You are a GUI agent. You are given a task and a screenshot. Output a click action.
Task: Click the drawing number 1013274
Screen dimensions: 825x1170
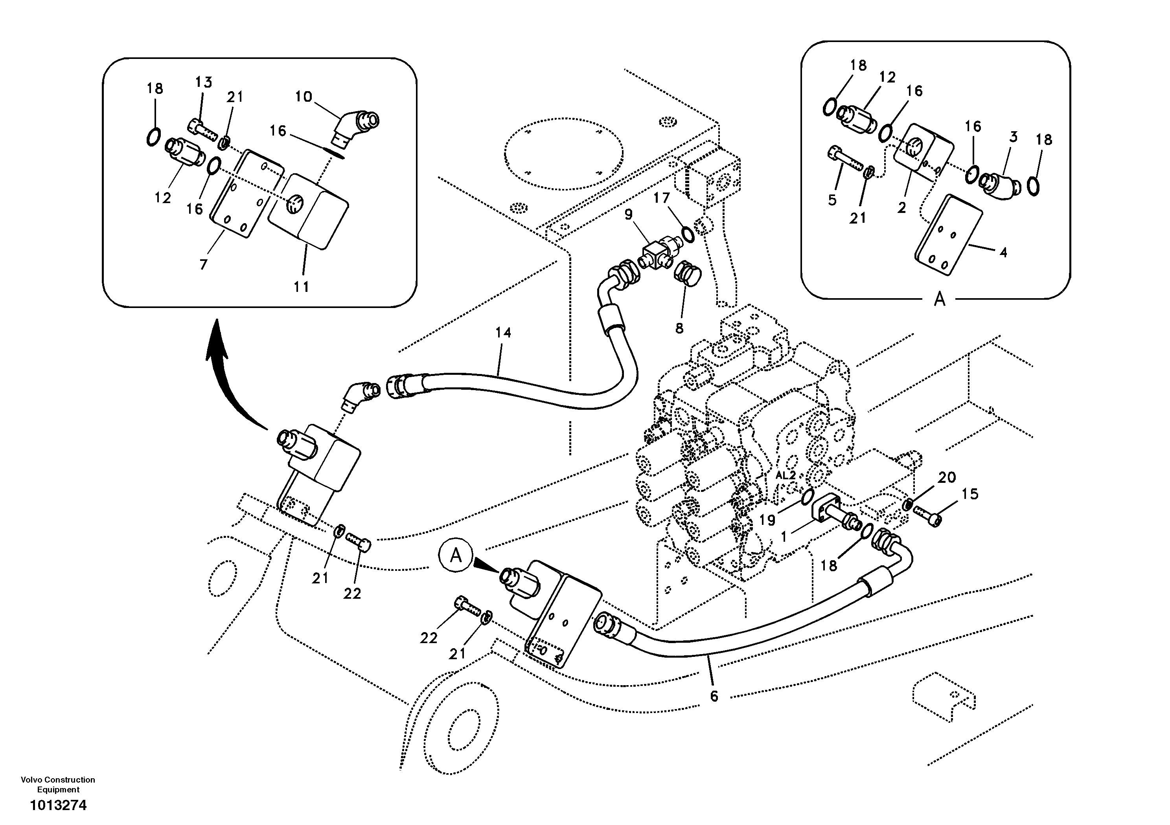point(58,805)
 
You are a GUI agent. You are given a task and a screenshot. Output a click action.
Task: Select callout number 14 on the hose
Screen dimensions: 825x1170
point(502,332)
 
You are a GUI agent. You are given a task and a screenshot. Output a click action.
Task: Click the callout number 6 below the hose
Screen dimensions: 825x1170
point(714,696)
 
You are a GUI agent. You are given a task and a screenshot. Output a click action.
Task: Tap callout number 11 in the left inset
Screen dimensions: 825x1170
point(301,287)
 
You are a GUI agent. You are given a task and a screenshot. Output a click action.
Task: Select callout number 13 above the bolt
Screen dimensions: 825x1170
point(203,82)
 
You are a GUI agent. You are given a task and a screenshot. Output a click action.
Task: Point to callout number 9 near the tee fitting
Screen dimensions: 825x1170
point(628,214)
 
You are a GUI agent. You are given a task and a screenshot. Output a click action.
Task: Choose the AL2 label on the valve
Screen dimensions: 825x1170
point(785,475)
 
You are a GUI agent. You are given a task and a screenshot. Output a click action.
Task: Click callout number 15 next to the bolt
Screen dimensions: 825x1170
point(970,494)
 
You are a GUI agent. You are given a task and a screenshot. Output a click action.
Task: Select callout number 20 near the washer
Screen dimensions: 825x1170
point(947,477)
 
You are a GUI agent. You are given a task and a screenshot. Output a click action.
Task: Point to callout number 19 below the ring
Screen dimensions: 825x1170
point(767,520)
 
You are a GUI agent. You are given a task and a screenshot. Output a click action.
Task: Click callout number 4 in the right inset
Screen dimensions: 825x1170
point(1003,252)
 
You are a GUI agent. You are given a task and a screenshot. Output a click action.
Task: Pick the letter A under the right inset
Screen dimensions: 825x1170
point(939,299)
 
